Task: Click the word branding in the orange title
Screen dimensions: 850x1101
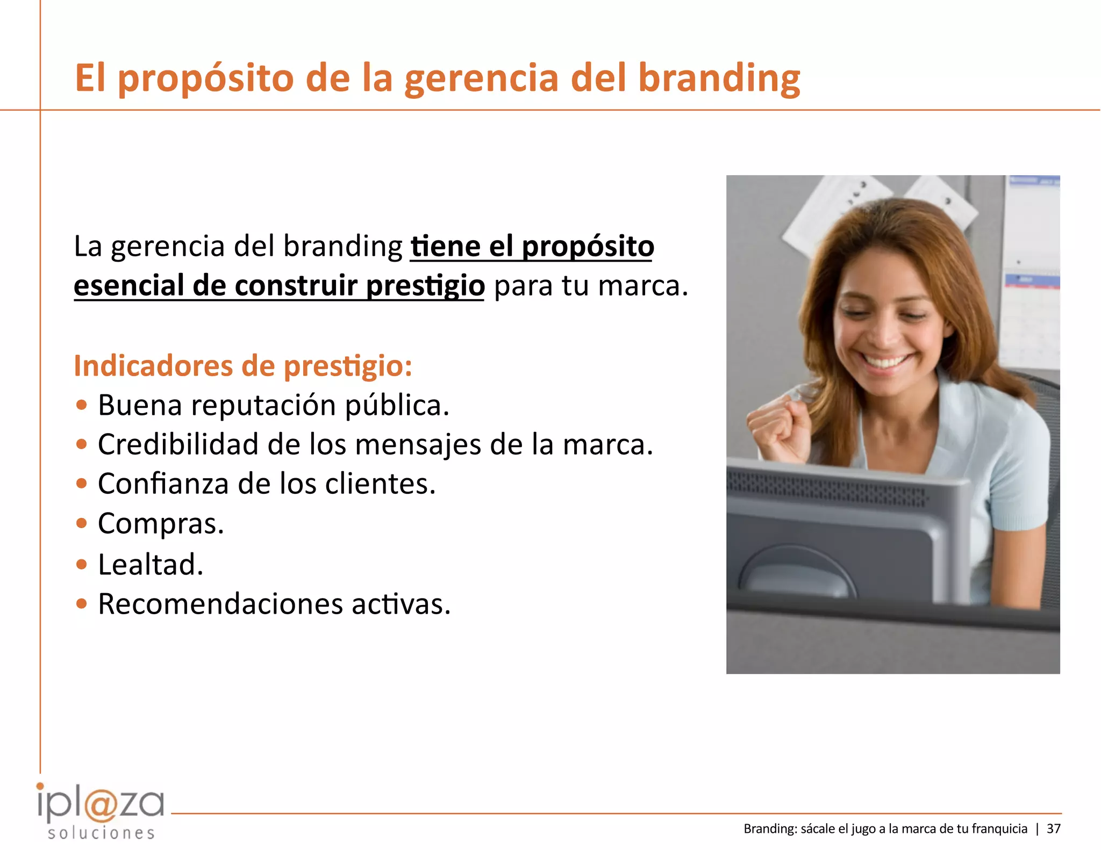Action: [x=719, y=78]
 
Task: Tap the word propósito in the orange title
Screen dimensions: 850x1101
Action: [x=206, y=78]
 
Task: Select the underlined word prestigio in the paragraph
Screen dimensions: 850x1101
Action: [x=425, y=285]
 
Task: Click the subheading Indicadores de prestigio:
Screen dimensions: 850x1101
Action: [x=243, y=366]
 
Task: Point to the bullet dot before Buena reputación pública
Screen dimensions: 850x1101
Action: [x=82, y=405]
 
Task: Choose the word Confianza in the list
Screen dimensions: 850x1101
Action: [x=163, y=484]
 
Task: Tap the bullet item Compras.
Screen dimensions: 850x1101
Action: [x=161, y=523]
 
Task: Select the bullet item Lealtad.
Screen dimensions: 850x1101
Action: [x=151, y=564]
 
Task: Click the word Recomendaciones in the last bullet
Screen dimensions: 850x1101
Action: [x=220, y=604]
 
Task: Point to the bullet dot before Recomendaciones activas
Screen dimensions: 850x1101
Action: [x=82, y=604]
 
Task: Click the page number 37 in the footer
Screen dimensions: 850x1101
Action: [x=1054, y=829]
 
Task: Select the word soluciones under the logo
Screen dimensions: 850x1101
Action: [x=101, y=833]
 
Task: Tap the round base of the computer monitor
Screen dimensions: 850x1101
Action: [x=796, y=575]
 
